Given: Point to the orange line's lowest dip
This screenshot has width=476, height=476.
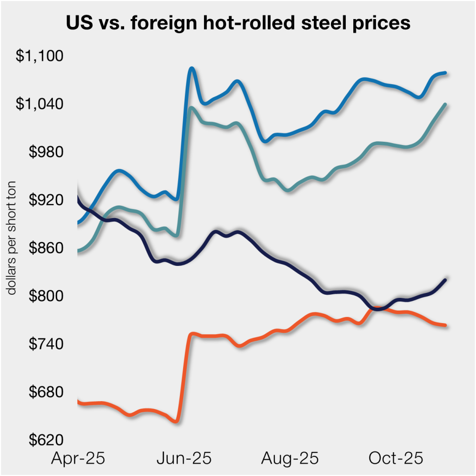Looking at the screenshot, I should [176, 421].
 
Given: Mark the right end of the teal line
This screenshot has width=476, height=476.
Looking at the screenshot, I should [445, 105].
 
